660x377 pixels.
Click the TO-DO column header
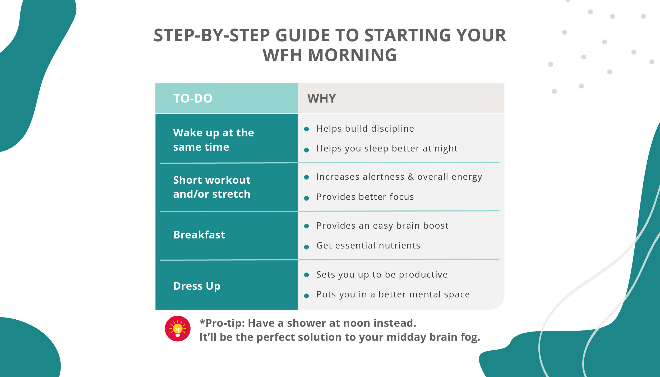click(193, 98)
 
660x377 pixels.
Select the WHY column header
click(321, 98)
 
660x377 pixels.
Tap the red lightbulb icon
click(178, 329)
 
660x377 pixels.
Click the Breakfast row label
click(199, 235)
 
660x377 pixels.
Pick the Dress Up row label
click(197, 286)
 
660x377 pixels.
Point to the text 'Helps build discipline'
click(365, 129)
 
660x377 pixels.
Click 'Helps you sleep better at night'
click(387, 149)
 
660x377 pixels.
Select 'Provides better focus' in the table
click(365, 197)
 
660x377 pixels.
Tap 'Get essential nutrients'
click(368, 246)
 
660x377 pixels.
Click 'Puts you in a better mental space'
click(393, 295)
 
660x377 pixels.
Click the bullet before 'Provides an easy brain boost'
click(307, 226)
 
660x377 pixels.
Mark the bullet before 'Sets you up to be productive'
click(307, 275)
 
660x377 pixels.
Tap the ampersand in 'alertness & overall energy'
click(411, 177)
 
